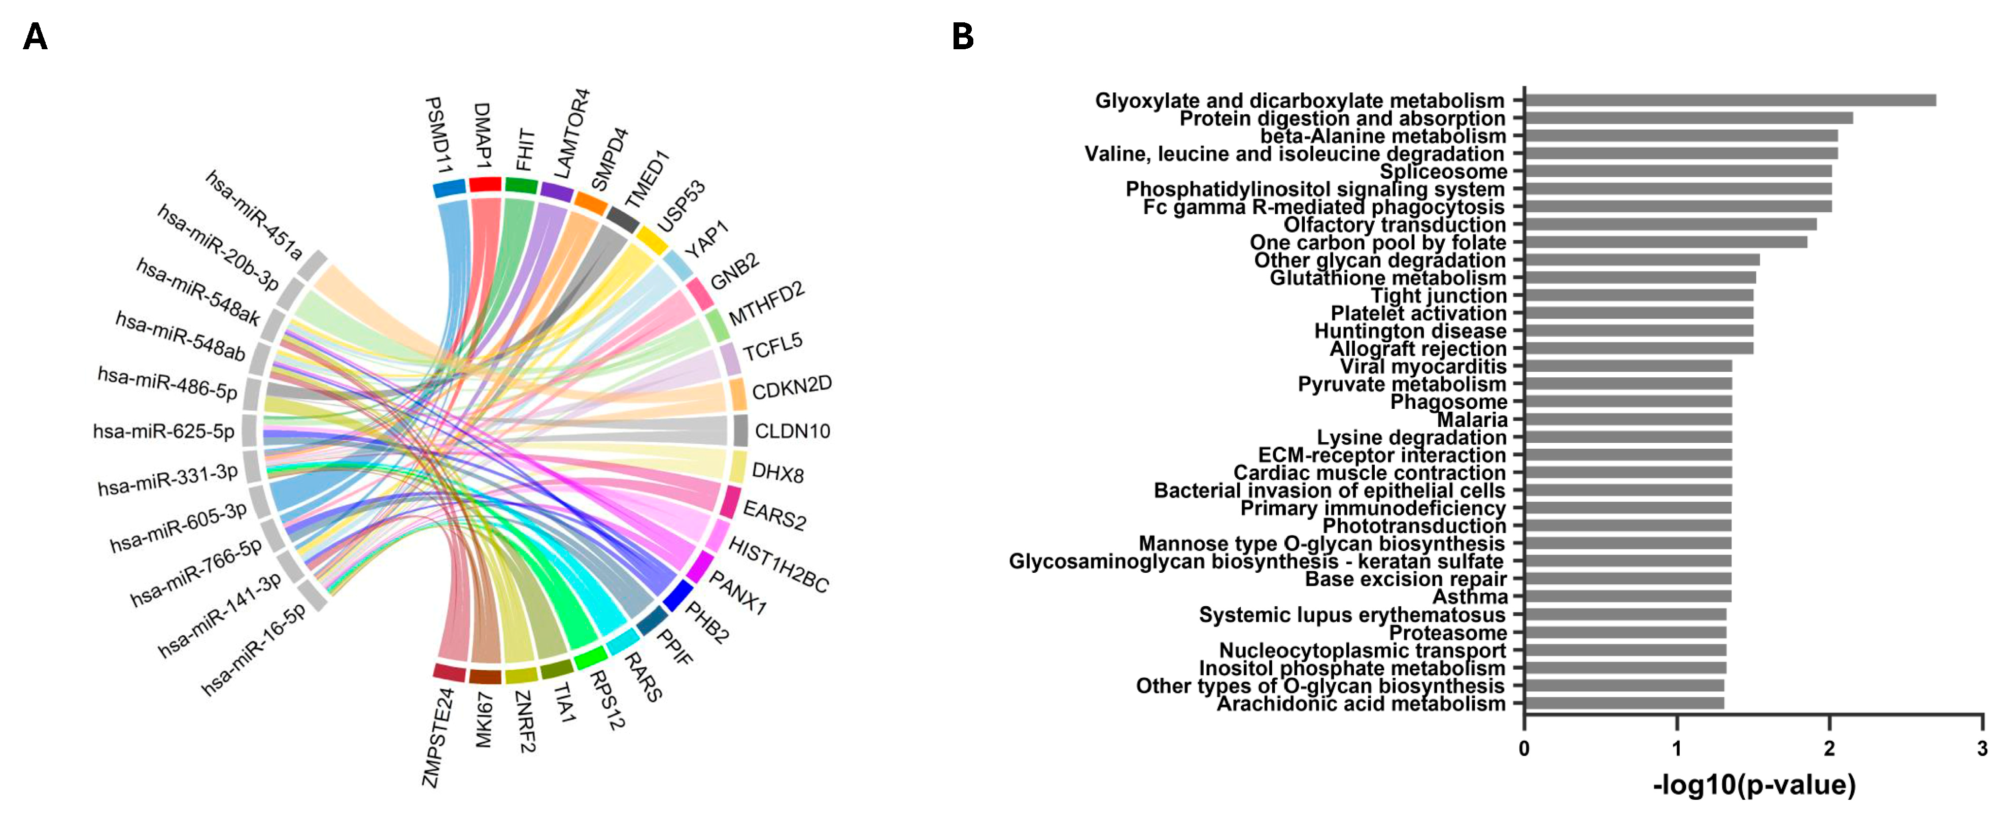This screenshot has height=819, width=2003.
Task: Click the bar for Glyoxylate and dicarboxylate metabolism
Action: tap(1729, 101)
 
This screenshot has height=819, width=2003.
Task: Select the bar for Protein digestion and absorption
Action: tap(1687, 118)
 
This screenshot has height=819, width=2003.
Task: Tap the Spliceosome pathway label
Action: tap(1443, 171)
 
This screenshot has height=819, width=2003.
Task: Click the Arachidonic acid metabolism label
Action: tap(1361, 704)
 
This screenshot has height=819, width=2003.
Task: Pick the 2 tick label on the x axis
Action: tap(1829, 748)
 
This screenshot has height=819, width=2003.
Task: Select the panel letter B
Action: tap(963, 37)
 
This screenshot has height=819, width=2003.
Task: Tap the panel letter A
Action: tap(35, 37)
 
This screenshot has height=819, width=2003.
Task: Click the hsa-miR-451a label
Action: tap(254, 215)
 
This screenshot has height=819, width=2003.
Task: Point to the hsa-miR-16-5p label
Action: tap(254, 649)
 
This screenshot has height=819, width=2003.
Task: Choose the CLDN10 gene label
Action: tap(792, 431)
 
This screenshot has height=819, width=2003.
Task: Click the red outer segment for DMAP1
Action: tap(485, 184)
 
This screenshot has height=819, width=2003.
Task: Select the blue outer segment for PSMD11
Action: tap(449, 188)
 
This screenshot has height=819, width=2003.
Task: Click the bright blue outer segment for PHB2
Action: tap(677, 595)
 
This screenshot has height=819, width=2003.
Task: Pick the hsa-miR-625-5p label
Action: tap(163, 431)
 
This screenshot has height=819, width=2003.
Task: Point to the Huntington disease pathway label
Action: tap(1410, 332)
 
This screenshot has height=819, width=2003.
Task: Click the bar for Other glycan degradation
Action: tap(1641, 260)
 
